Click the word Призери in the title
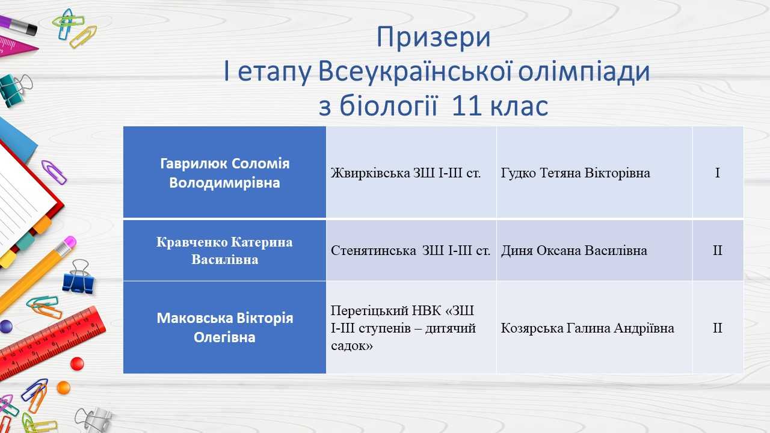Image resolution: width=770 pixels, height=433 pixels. [x=434, y=37]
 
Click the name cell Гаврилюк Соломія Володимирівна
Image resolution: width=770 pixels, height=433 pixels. [x=225, y=173]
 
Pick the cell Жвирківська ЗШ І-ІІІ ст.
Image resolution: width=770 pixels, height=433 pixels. [x=405, y=173]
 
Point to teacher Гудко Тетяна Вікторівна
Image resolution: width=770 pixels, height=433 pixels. [x=575, y=173]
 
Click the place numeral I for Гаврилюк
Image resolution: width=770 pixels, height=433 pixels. [x=718, y=173]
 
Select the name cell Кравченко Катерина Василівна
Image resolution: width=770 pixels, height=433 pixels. [x=224, y=251]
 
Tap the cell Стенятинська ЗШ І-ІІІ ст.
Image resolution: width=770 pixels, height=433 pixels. [x=410, y=250]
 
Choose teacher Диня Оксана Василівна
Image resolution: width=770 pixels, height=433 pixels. [x=574, y=250]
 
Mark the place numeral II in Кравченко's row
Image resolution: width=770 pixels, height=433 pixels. [x=718, y=250]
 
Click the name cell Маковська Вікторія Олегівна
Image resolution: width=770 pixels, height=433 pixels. [x=225, y=328]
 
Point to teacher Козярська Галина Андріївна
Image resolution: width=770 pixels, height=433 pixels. [x=587, y=328]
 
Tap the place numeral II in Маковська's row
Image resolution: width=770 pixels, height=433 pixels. [x=718, y=328]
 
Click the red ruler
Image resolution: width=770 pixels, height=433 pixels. [x=51, y=343]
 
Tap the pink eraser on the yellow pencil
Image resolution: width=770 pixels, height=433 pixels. [x=69, y=243]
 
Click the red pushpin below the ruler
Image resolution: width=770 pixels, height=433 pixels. [x=77, y=364]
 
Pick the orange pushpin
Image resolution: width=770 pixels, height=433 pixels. [x=64, y=388]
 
